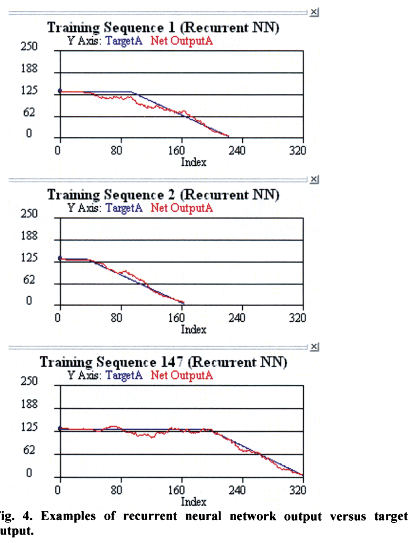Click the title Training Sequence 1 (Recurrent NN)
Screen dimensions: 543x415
(x=163, y=27)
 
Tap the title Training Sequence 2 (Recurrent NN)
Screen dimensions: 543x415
(x=163, y=194)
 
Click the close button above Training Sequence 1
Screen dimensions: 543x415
(x=314, y=12)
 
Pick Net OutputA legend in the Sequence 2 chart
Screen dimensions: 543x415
(x=182, y=208)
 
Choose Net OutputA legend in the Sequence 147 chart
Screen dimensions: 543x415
(x=182, y=375)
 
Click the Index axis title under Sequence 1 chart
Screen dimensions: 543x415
(x=194, y=162)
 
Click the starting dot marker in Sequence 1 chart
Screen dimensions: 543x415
(x=60, y=92)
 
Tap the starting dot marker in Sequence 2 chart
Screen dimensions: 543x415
(x=60, y=259)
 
